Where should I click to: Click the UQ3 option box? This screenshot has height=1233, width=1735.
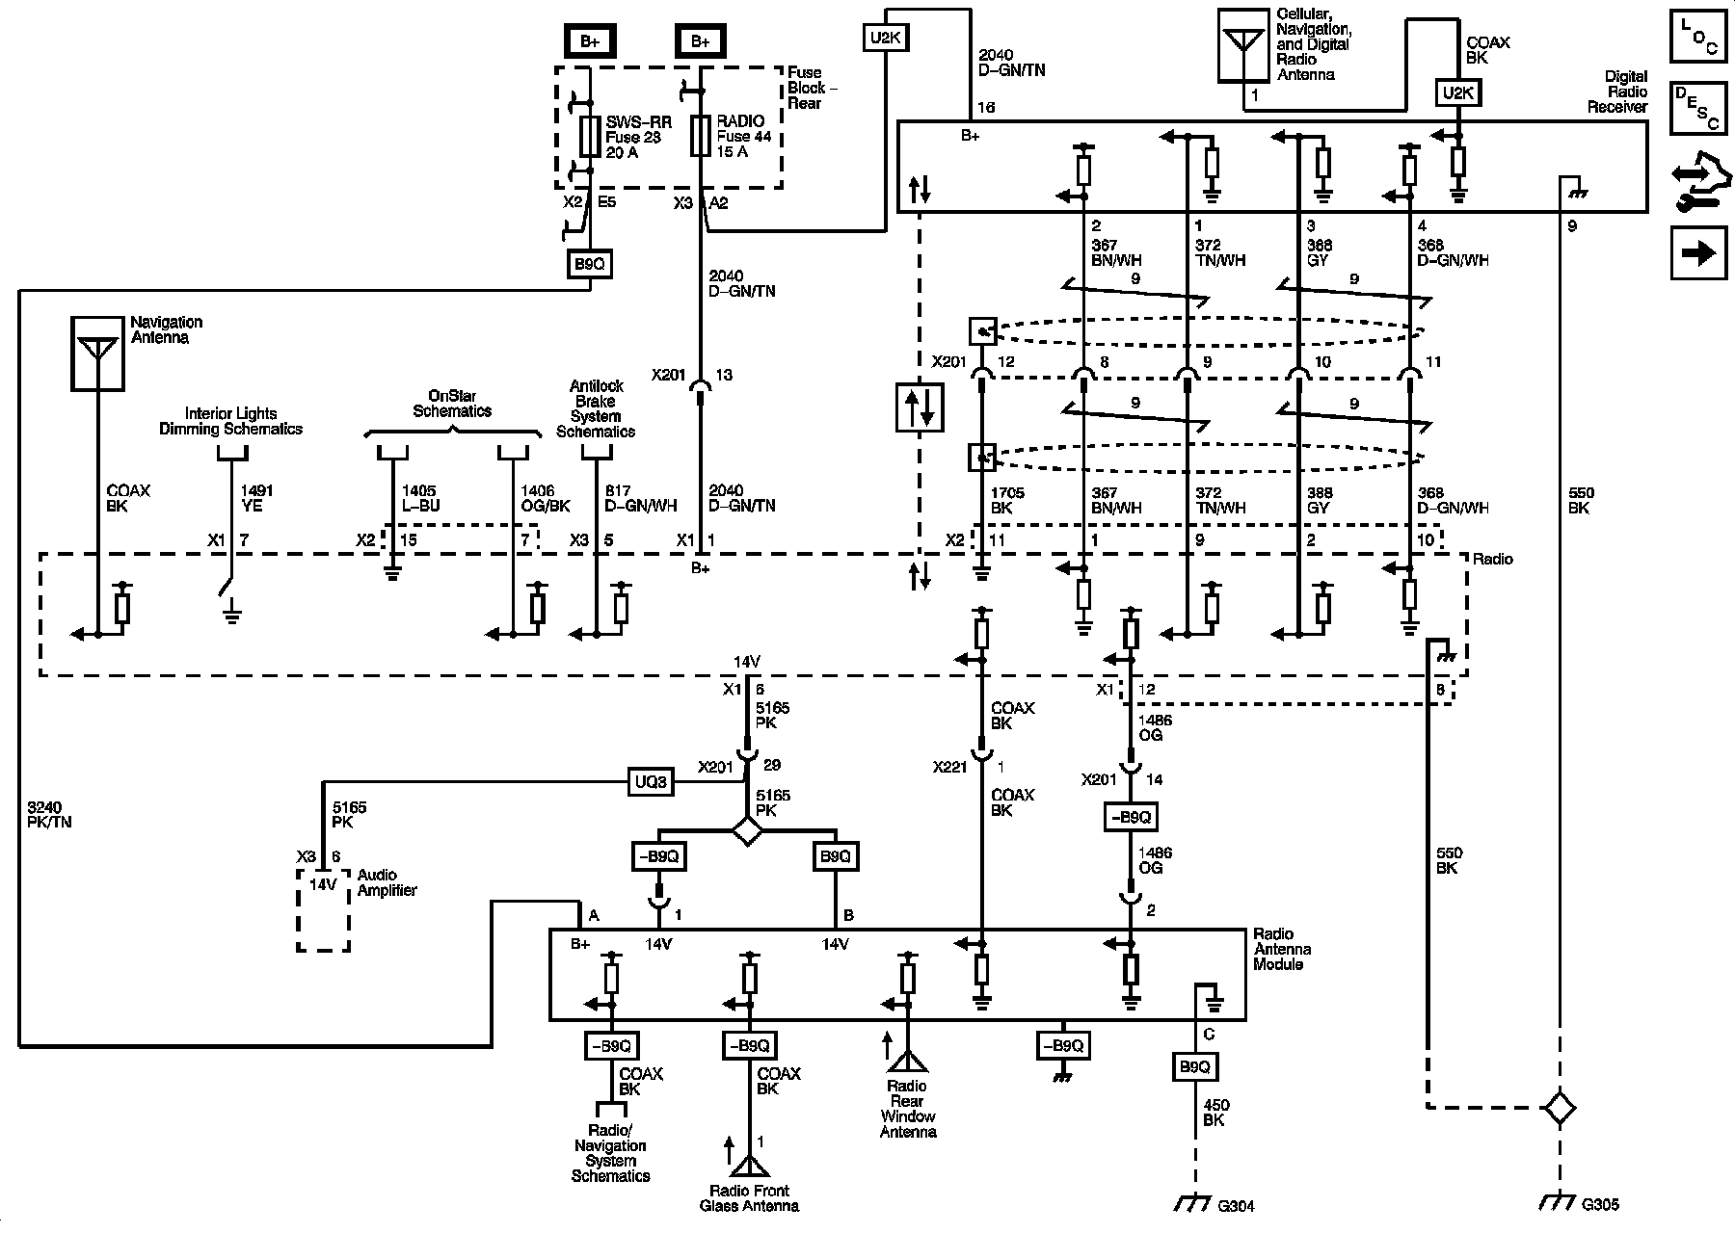651,781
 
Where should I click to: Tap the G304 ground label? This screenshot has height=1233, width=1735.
1236,1205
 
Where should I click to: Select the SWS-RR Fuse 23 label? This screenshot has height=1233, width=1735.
632,137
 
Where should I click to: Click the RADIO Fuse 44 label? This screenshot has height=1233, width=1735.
743,137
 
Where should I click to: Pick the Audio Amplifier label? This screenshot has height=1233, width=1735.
387,882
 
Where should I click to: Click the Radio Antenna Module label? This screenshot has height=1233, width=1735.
1281,949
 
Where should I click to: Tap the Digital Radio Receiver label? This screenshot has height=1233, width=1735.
1617,92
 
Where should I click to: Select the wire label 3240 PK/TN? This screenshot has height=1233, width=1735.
50,815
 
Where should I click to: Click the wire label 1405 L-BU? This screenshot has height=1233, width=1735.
420,498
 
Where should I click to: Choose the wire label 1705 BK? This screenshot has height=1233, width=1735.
1006,500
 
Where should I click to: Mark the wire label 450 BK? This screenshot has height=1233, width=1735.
1215,1113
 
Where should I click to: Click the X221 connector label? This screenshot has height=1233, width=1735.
950,768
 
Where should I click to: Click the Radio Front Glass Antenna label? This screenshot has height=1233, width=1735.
749,1198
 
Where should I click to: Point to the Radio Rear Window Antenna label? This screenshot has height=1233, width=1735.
907,1109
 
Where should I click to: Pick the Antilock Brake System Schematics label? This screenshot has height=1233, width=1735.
596,408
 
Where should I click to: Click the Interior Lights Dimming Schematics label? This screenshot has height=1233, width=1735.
230,422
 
